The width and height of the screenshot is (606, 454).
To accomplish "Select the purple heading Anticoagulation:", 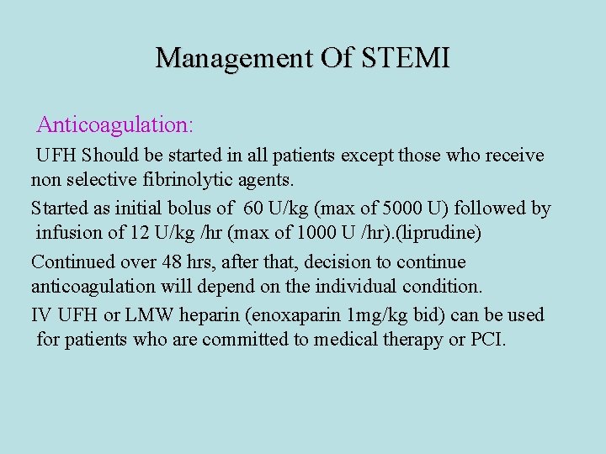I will tap(115, 125).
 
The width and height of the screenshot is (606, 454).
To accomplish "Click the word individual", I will tap(357, 286).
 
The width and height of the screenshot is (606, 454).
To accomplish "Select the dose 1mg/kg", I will tap(383, 315).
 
